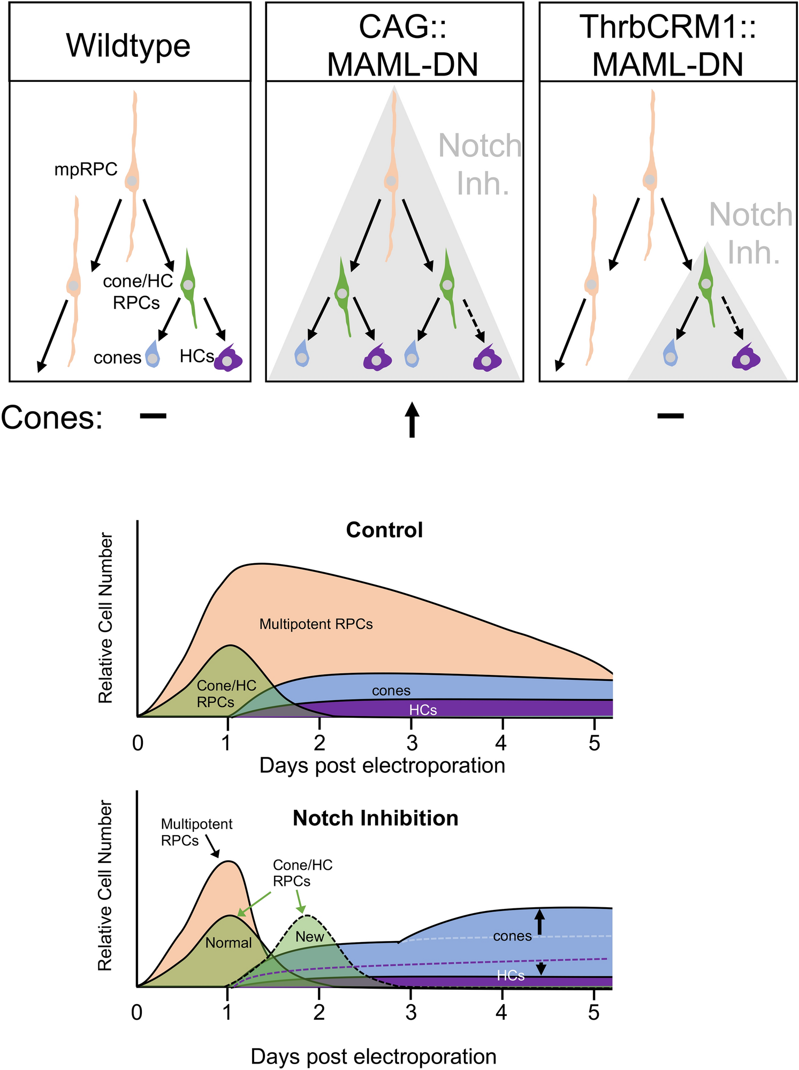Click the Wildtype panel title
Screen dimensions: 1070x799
pos(128,46)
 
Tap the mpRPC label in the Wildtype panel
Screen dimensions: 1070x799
pos(86,170)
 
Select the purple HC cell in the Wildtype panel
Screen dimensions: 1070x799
pos(229,359)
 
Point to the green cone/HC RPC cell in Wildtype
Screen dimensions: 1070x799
pos(188,284)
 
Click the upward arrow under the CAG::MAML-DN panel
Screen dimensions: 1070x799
pos(411,420)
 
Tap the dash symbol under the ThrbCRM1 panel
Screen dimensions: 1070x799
pos(671,415)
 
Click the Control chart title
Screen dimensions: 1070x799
pos(384,530)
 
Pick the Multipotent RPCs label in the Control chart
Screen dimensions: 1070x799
pos(316,624)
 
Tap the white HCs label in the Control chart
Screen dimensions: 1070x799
pos(423,710)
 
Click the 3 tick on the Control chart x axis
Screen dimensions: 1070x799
pos(412,743)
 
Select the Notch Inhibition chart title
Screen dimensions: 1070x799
pos(375,818)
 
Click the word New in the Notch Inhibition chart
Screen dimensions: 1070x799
pos(310,936)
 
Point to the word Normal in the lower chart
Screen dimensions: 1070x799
pos(229,943)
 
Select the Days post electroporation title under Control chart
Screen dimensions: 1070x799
pos(382,765)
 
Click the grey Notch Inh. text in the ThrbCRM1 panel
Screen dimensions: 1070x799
pos(751,233)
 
